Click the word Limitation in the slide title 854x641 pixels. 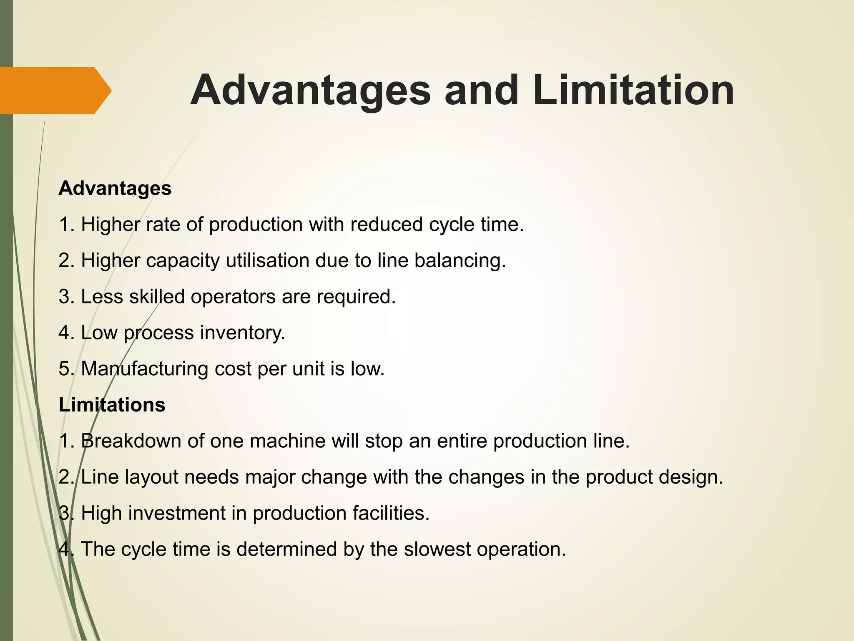pos(633,91)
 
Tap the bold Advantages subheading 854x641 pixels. pos(115,188)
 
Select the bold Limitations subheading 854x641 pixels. pos(112,405)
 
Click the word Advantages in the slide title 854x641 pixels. pos(311,91)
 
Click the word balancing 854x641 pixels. pos(460,260)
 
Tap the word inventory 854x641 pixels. pos(243,333)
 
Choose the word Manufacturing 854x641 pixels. pos(145,369)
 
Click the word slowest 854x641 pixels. pos(437,549)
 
